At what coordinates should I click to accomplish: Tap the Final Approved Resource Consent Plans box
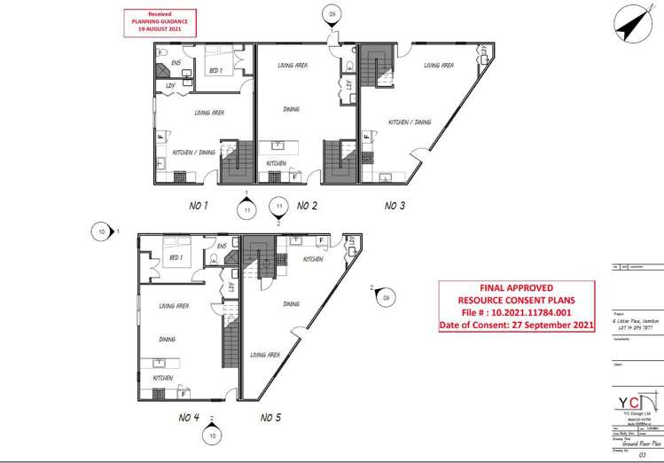(x=516, y=307)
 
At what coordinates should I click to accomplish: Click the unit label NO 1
(x=198, y=206)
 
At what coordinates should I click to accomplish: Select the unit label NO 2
(x=307, y=206)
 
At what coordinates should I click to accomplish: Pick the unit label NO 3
(x=395, y=206)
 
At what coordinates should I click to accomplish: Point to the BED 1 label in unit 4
(x=176, y=257)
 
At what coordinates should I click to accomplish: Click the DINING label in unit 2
(x=291, y=109)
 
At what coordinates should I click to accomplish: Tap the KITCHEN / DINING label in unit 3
(x=410, y=122)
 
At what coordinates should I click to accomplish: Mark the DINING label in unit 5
(x=291, y=303)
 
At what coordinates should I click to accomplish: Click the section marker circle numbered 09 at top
(x=332, y=14)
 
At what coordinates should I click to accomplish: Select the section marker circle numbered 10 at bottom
(x=213, y=436)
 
